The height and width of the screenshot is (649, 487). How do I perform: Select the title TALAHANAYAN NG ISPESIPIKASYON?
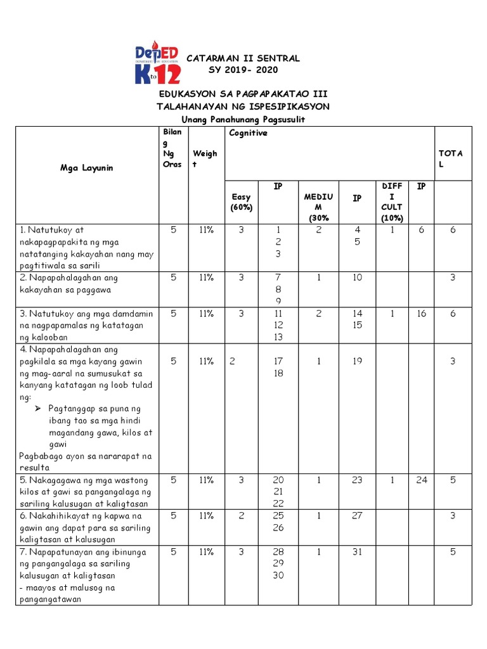tap(243, 106)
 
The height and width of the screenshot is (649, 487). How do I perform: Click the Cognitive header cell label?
tap(248, 133)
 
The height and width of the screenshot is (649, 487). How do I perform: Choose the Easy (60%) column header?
tap(241, 202)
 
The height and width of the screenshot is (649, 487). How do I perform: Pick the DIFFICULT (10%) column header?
tap(391, 202)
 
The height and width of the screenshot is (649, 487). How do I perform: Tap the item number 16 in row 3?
tap(422, 314)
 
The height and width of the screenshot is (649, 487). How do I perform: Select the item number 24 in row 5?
tap(422, 480)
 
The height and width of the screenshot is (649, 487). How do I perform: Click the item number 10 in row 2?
tap(357, 278)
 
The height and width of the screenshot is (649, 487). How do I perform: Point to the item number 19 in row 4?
tap(357, 361)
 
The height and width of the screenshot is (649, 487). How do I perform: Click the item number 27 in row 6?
tap(357, 516)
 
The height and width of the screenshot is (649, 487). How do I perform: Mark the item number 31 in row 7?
tap(357, 552)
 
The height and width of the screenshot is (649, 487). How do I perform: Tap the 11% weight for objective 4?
tap(204, 361)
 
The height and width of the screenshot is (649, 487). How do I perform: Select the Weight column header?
tap(204, 158)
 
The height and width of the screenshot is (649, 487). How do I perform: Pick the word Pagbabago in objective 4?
tap(40, 456)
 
